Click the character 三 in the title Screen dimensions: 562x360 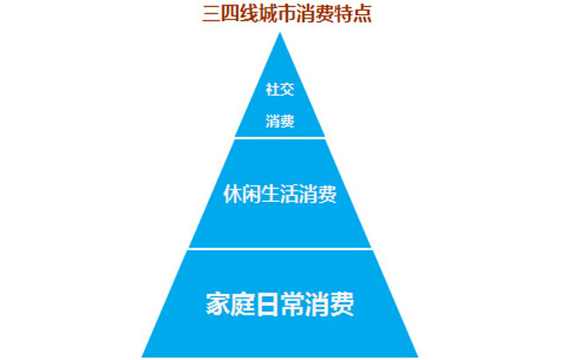pyautogui.click(x=212, y=14)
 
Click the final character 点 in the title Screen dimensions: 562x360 pyautogui.click(x=363, y=14)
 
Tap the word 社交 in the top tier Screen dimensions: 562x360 pyautogui.click(x=280, y=90)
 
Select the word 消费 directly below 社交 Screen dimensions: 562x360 pyautogui.click(x=280, y=121)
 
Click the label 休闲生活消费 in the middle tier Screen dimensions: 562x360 pyautogui.click(x=280, y=194)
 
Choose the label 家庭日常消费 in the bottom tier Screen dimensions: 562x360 pyautogui.click(x=280, y=304)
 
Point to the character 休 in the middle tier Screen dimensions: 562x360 pyautogui.click(x=233, y=194)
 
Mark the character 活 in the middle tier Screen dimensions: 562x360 pyautogui.click(x=289, y=194)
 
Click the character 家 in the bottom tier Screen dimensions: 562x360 pyautogui.click(x=219, y=304)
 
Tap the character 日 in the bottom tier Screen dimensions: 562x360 pyautogui.click(x=268, y=304)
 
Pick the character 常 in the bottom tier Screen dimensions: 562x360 pyautogui.click(x=292, y=304)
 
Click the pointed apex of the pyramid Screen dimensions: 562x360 pyautogui.click(x=280, y=33)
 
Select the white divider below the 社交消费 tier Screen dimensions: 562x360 pyautogui.click(x=280, y=138)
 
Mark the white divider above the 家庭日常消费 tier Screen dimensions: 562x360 pyautogui.click(x=280, y=248)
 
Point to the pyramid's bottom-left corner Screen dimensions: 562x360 pyautogui.click(x=142, y=356)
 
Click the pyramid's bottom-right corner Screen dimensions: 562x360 pyautogui.click(x=418, y=356)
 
